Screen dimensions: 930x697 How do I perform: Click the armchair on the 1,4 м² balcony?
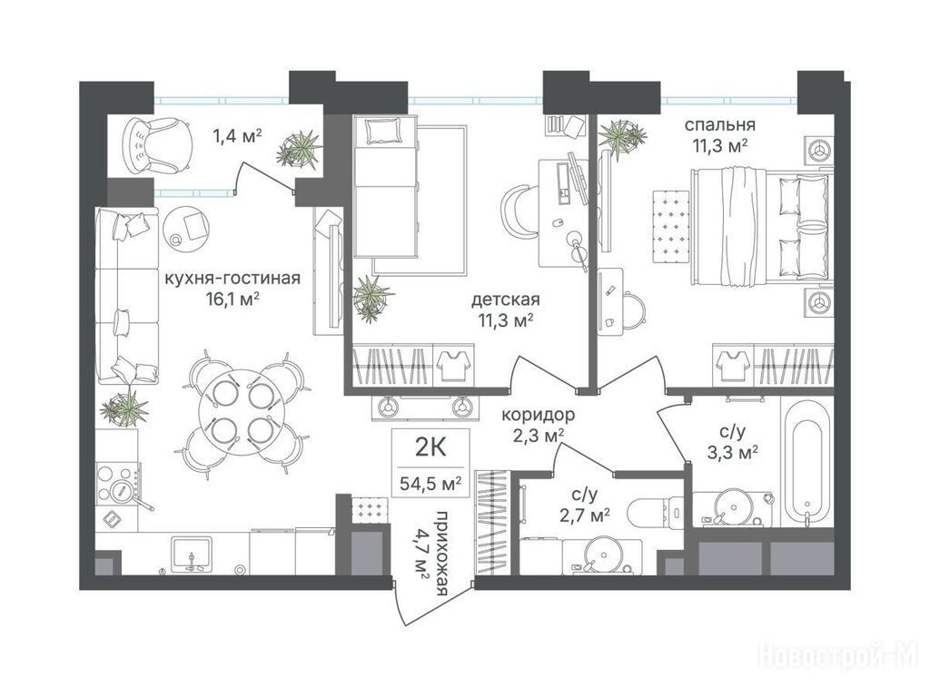point(157,144)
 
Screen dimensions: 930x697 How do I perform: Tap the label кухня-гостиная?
point(232,278)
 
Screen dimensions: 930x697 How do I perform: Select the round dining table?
point(235,413)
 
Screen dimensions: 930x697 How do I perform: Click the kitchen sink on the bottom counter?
point(191,555)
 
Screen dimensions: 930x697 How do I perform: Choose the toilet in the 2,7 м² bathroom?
point(651,511)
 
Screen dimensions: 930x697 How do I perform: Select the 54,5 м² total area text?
point(430,483)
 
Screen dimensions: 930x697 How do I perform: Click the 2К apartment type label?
point(430,448)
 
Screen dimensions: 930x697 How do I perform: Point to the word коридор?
point(538,414)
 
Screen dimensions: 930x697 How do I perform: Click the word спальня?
point(720,125)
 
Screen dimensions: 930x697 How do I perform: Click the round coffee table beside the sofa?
point(186,226)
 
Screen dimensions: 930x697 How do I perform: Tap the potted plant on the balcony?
point(300,148)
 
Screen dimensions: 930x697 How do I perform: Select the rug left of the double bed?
point(671,225)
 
